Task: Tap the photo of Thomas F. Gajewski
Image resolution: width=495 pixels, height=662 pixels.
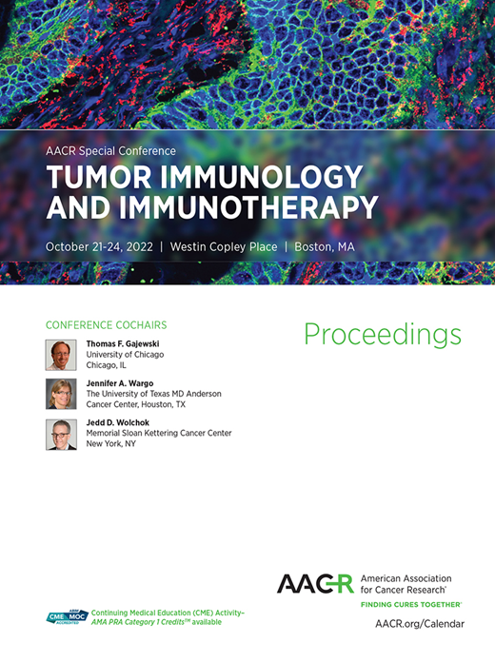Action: coord(61,355)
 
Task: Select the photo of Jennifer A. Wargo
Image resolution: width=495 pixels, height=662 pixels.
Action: coord(61,394)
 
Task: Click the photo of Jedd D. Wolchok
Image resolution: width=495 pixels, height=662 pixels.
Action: coord(61,434)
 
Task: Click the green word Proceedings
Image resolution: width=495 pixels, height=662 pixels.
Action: coord(383,335)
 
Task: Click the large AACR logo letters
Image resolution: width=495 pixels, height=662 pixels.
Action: coord(314,583)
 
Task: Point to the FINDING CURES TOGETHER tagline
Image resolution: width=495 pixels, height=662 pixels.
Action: coord(411,605)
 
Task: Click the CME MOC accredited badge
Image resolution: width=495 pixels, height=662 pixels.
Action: coord(68,617)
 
